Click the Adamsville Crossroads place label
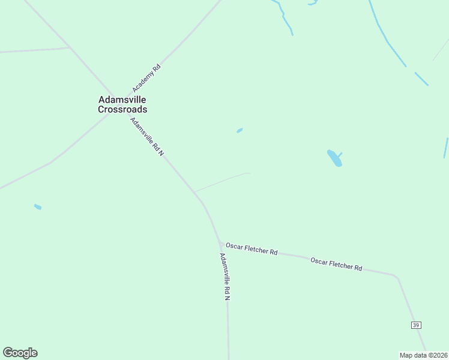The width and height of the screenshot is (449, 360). pyautogui.click(x=122, y=104)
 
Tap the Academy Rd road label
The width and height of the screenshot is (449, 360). pyautogui.click(x=147, y=78)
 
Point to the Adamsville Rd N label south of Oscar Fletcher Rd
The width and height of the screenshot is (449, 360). pyautogui.click(x=225, y=277)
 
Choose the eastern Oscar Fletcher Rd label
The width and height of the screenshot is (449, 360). pyautogui.click(x=336, y=263)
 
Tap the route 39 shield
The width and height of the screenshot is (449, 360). pyautogui.click(x=416, y=325)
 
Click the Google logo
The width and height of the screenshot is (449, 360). pyautogui.click(x=20, y=353)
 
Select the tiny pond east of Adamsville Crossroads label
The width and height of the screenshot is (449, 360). pyautogui.click(x=240, y=130)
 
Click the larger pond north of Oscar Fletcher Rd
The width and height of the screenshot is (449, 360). pyautogui.click(x=334, y=158)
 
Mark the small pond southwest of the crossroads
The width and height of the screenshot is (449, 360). pyautogui.click(x=38, y=207)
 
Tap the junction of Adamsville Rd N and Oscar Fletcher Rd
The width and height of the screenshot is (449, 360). pyautogui.click(x=220, y=243)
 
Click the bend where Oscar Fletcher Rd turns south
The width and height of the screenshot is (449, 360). pyautogui.click(x=396, y=277)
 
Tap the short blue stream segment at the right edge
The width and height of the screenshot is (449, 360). pyautogui.click(x=446, y=148)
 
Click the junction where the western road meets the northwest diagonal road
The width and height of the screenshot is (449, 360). pyautogui.click(x=70, y=47)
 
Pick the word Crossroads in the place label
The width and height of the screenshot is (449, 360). pyautogui.click(x=122, y=110)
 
